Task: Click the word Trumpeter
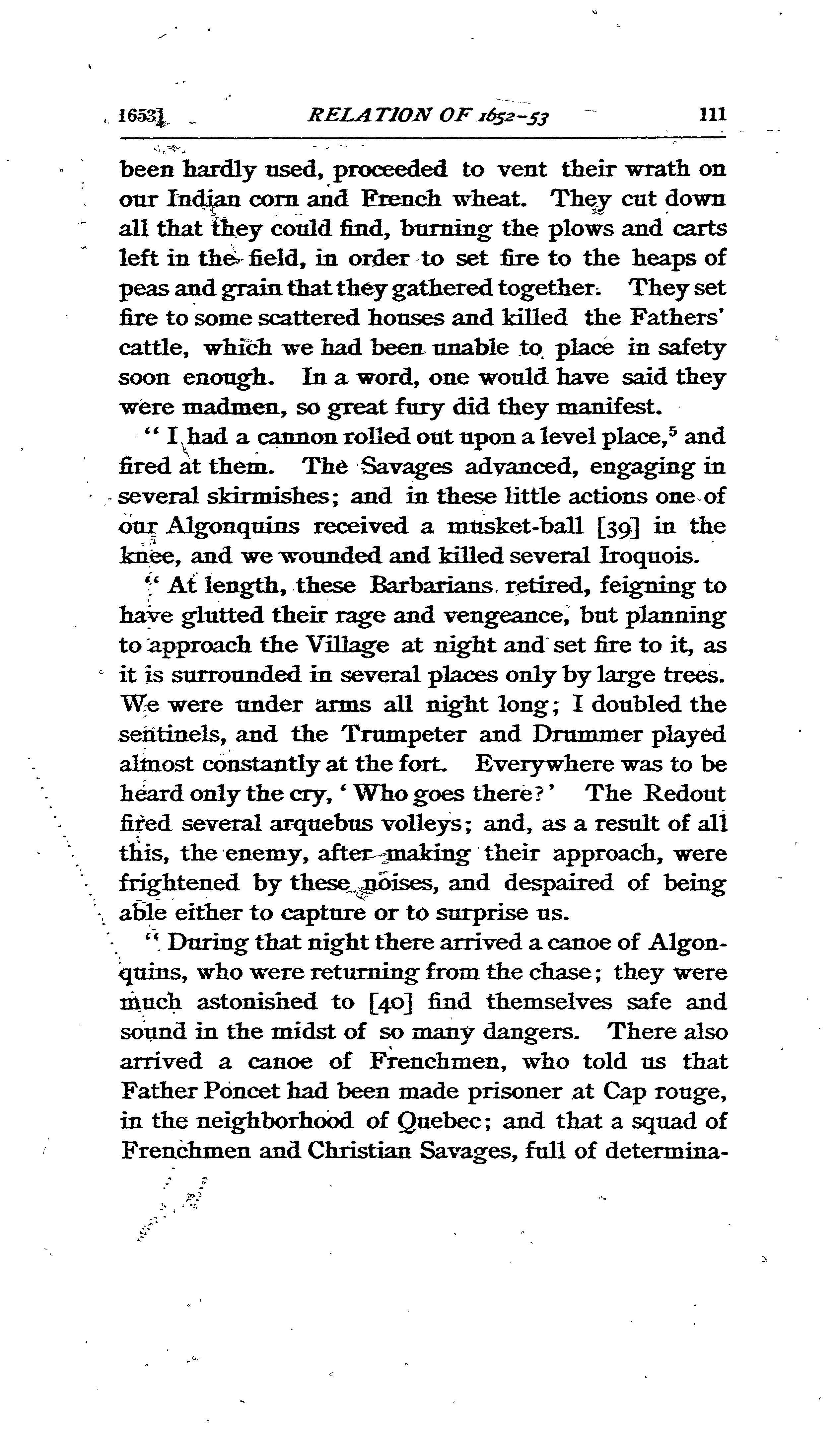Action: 404,734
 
